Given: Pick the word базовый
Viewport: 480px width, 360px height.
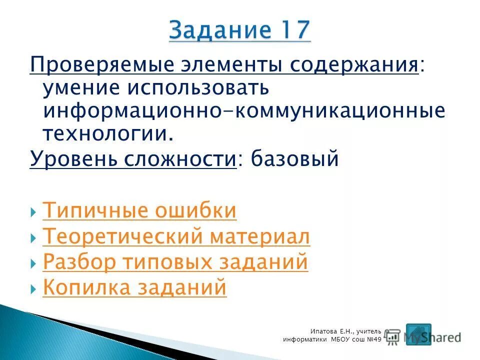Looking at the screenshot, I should [294, 159].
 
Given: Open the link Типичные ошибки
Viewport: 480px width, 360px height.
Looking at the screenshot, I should [139, 211].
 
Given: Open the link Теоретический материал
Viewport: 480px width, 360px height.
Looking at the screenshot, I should [176, 237].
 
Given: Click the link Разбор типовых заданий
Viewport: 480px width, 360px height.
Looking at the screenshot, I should [175, 262].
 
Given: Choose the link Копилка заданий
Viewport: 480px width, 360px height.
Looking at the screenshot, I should [134, 288].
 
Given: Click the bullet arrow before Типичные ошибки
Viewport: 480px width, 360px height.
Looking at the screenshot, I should [33, 212].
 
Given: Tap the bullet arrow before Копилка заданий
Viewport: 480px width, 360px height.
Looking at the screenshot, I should [33, 289].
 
